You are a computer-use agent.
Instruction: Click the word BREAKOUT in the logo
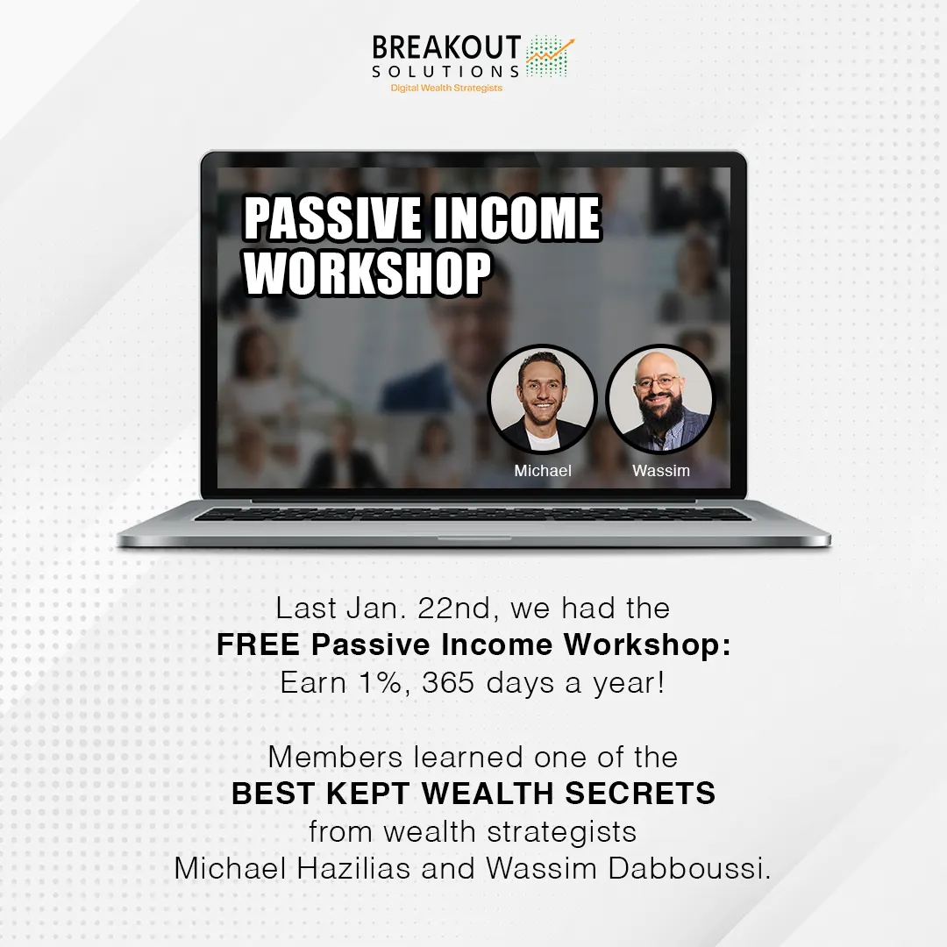[446, 47]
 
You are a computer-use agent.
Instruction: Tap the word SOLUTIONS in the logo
[445, 71]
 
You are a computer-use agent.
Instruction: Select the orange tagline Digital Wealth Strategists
[446, 89]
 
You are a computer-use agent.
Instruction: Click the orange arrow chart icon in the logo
[550, 55]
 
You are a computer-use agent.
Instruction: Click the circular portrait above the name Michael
[543, 399]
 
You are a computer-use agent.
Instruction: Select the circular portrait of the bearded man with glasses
[660, 399]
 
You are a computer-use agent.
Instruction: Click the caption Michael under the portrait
[543, 471]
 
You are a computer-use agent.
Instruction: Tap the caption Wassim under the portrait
[661, 471]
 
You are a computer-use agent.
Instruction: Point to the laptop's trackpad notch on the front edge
[474, 538]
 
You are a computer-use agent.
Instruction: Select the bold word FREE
[259, 644]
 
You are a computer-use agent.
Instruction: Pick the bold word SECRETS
[640, 793]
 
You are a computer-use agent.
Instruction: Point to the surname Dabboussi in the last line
[689, 868]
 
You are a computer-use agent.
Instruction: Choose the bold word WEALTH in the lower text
[488, 793]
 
